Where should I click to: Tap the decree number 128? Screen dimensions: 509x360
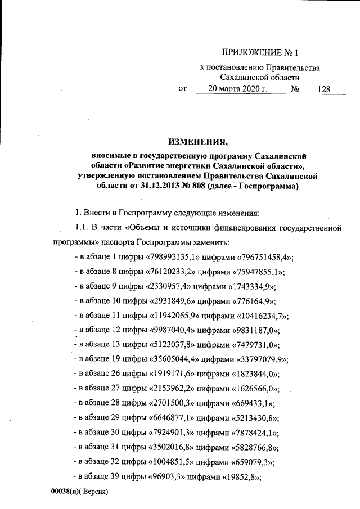coord(324,89)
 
